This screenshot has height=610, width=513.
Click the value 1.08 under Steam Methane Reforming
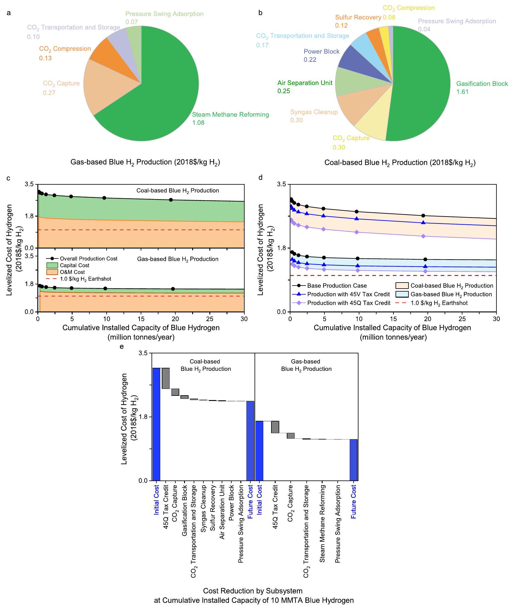pyautogui.click(x=198, y=123)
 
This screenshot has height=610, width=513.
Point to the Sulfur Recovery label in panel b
pyautogui.click(x=358, y=17)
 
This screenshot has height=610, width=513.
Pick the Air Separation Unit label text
pyautogui.click(x=305, y=83)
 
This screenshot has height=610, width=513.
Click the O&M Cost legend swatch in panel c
pyautogui.click(x=52, y=272)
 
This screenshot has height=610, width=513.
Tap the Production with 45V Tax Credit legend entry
pyautogui.click(x=348, y=294)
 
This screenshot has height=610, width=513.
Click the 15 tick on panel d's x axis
pyautogui.click(x=393, y=319)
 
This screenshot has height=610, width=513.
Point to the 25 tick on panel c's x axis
pyautogui.click(x=210, y=319)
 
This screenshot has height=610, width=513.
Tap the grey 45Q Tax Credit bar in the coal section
pyautogui.click(x=166, y=378)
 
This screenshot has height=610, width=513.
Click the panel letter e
pyautogui.click(x=122, y=346)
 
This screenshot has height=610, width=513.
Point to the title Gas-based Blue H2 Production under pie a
pyautogui.click(x=145, y=162)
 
